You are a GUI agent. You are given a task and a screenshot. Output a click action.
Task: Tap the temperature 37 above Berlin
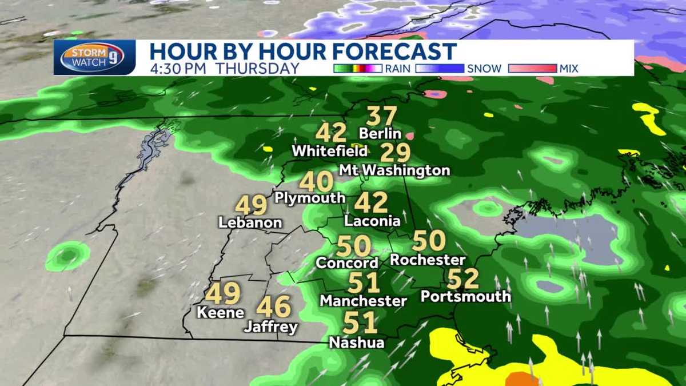pyautogui.click(x=381, y=117)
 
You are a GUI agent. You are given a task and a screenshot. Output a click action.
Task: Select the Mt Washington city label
pyautogui.click(x=394, y=170)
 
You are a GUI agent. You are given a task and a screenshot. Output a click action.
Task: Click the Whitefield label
pyautogui.click(x=329, y=152)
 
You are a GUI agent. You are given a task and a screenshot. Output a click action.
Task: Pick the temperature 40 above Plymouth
pyautogui.click(x=316, y=182)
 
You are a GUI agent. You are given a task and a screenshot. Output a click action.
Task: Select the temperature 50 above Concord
pyautogui.click(x=354, y=246)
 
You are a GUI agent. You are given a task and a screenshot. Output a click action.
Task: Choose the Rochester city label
pyautogui.click(x=428, y=260)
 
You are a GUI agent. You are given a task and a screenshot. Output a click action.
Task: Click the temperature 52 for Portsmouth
pyautogui.click(x=463, y=279)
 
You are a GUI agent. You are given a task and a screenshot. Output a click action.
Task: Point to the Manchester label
pyautogui.click(x=363, y=300)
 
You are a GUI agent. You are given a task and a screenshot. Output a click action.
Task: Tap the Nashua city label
pyautogui.click(x=357, y=343)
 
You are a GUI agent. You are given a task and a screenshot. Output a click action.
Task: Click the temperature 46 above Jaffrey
pyautogui.click(x=273, y=308)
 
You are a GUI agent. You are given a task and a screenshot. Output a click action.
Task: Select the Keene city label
pyautogui.click(x=220, y=313)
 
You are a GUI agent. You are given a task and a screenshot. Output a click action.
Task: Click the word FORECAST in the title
pyautogui.click(x=396, y=51)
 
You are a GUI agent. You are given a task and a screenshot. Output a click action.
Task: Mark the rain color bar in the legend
pyautogui.click(x=358, y=69)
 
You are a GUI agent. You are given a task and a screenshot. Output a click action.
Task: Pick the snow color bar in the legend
pyautogui.click(x=440, y=69)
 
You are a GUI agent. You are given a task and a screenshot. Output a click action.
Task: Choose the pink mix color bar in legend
pyautogui.click(x=532, y=69)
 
